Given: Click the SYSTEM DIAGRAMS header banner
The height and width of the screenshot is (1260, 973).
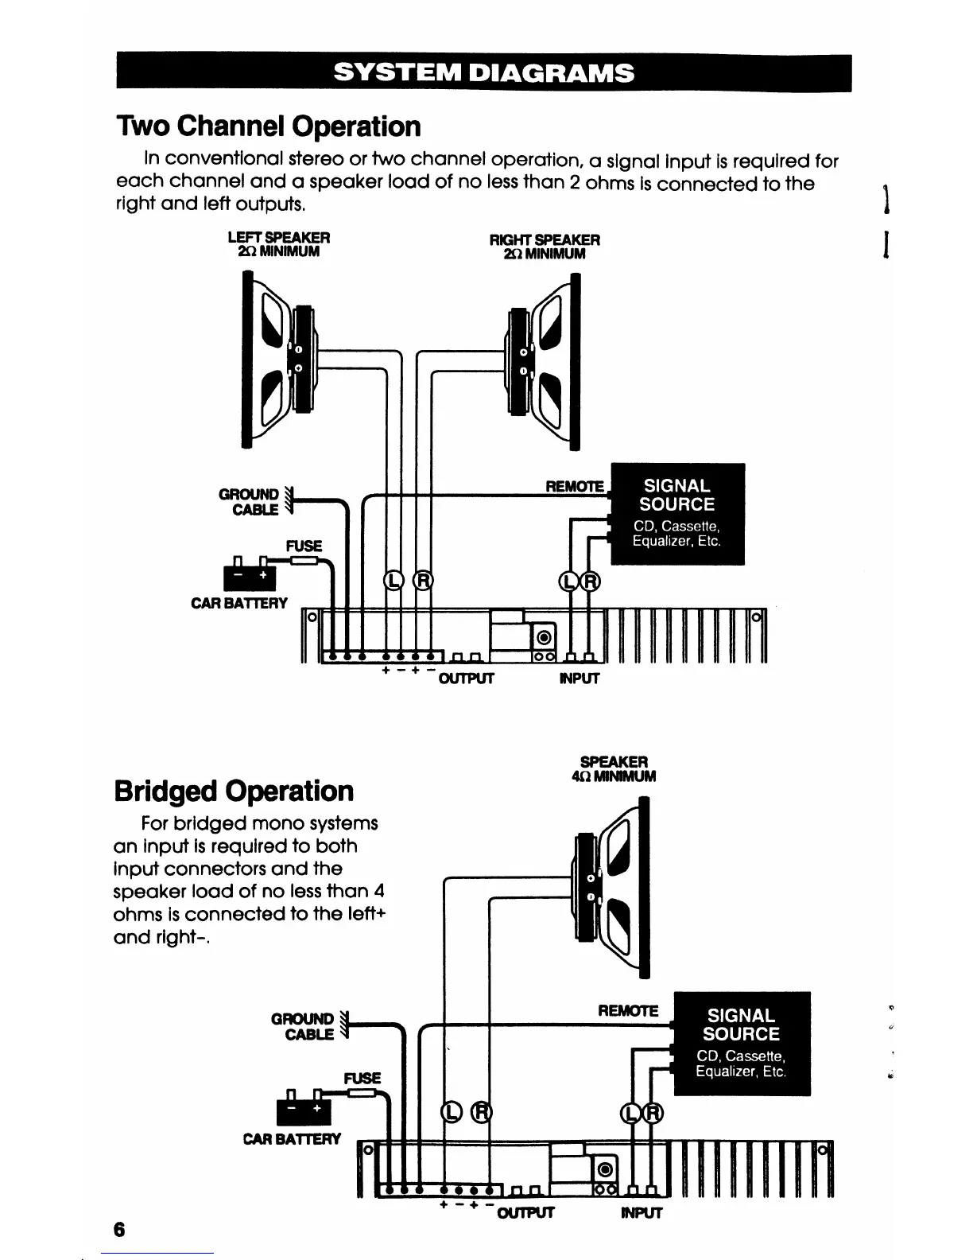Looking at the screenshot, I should coord(484,73).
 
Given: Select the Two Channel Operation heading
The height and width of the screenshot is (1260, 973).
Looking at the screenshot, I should coord(268,126).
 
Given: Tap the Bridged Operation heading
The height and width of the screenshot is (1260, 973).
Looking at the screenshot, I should coord(234,791).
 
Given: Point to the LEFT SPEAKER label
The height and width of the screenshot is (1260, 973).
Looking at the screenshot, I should coord(278,237).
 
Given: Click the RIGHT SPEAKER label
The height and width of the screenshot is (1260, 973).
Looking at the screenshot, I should coord(545,239).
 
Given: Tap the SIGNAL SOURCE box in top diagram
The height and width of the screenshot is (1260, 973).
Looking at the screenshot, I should coord(677,513).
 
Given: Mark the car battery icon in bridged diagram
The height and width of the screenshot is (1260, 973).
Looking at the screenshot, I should coord(303,1106).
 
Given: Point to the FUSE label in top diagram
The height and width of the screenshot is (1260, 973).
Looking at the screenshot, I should coord(304,546).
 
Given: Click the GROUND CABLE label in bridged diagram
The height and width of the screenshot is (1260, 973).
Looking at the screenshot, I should coord(303,1026).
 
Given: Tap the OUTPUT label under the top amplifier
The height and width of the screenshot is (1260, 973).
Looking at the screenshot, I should coord(467,679).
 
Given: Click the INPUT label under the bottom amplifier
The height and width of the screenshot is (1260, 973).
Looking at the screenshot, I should coord(640,1213).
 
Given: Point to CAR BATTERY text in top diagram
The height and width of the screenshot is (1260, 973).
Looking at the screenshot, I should coord(239,604).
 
